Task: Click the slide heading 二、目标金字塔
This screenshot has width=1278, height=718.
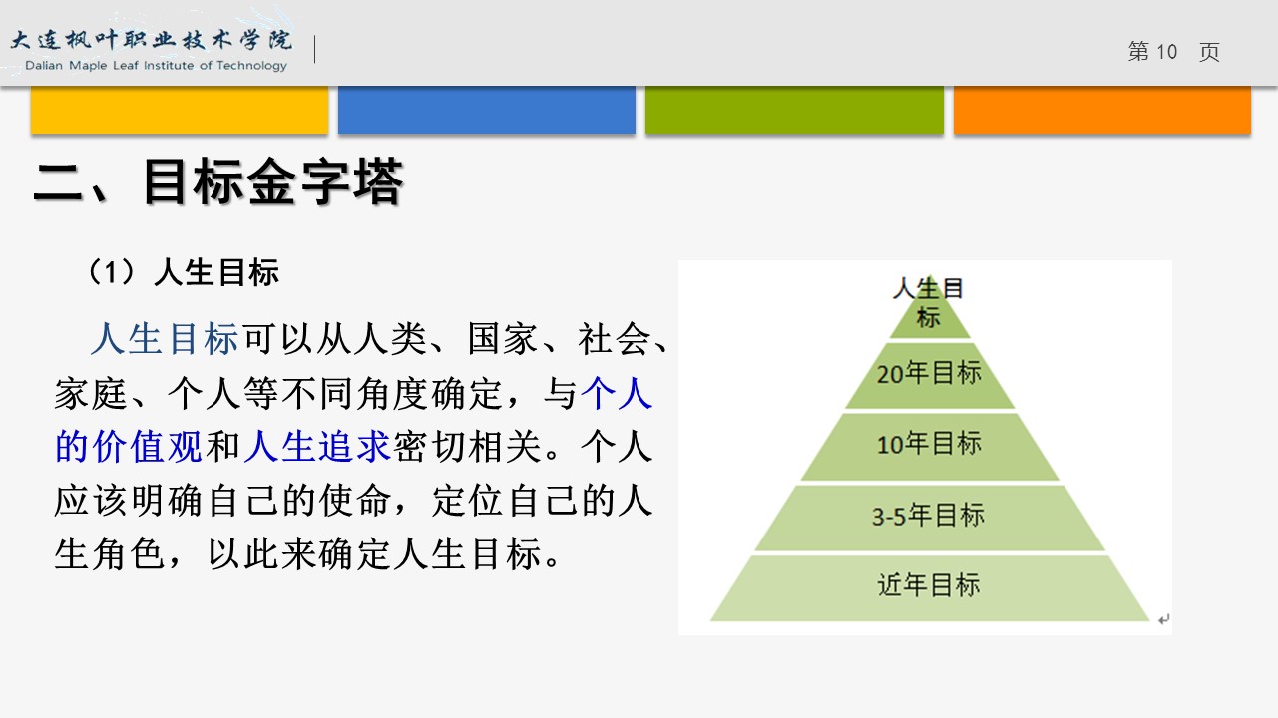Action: click(218, 181)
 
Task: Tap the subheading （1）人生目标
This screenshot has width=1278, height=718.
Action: click(183, 272)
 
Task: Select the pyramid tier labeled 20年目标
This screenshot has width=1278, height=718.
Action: click(930, 375)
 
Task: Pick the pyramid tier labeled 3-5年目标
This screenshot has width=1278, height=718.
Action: click(930, 518)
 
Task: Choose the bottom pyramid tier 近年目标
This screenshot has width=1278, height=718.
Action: click(930, 588)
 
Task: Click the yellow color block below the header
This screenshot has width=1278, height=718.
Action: click(180, 110)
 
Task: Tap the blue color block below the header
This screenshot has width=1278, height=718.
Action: click(487, 110)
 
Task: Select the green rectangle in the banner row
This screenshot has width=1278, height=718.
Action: click(794, 110)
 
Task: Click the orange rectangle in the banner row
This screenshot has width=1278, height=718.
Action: click(1102, 110)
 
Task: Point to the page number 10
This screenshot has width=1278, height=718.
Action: click(1166, 52)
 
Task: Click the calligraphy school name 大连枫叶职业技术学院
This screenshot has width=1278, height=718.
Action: click(152, 40)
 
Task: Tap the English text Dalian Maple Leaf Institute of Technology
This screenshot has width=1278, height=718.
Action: click(156, 66)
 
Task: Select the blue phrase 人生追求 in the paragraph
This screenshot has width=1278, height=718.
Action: click(318, 446)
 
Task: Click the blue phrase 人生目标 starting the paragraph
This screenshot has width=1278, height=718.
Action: click(165, 339)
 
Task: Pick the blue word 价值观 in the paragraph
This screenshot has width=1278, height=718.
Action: click(148, 446)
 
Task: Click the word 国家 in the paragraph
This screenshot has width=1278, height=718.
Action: click(503, 339)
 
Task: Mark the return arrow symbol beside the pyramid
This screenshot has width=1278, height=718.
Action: click(1164, 619)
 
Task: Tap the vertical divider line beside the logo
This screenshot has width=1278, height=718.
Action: click(314, 49)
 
